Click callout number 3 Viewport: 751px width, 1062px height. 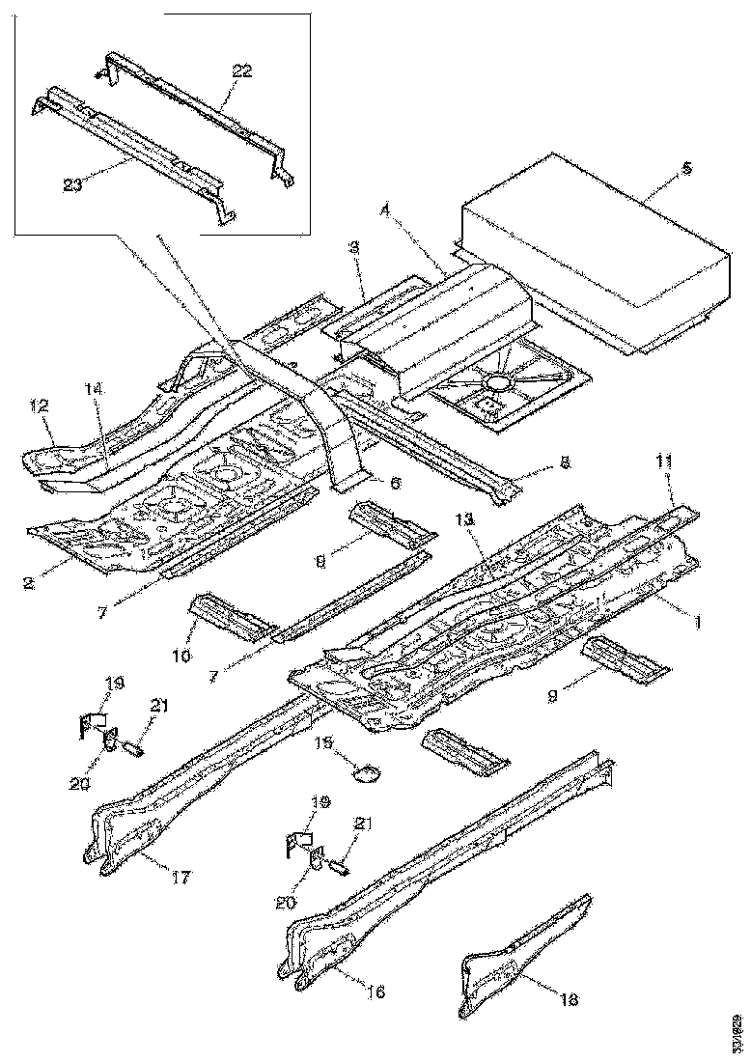[x=355, y=248]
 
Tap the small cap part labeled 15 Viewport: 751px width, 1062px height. [x=367, y=770]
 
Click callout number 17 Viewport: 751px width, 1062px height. [x=181, y=878]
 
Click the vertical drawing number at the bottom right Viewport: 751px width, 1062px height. [x=737, y=1031]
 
